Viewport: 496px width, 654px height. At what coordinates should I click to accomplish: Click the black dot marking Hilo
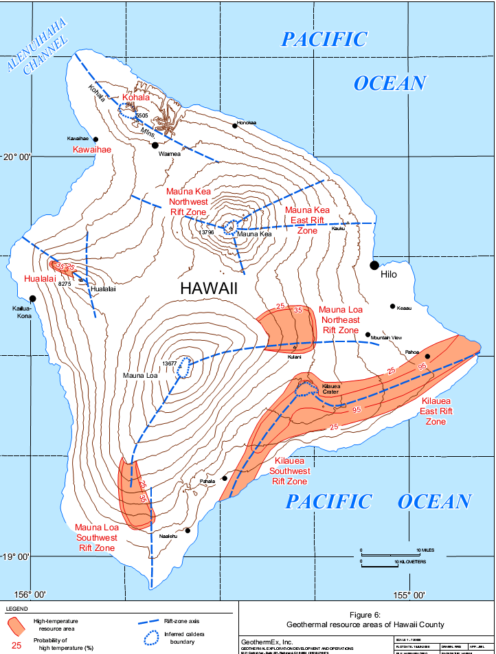374,265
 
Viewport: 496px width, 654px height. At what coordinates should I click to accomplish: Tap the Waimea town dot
155,145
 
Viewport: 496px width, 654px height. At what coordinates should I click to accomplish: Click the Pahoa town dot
427,357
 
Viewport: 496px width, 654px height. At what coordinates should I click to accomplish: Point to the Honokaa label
246,124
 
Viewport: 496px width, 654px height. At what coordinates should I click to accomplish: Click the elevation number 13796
207,233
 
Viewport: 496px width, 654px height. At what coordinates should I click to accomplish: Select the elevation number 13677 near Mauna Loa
170,363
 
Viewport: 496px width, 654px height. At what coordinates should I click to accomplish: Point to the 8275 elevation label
65,283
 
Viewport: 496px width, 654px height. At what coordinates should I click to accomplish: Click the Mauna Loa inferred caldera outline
184,368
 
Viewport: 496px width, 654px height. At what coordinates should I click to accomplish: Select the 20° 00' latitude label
16,157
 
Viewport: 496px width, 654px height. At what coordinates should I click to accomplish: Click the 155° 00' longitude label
411,595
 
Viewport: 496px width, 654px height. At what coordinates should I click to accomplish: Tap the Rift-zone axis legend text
179,620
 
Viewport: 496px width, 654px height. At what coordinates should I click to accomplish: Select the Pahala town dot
225,479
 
